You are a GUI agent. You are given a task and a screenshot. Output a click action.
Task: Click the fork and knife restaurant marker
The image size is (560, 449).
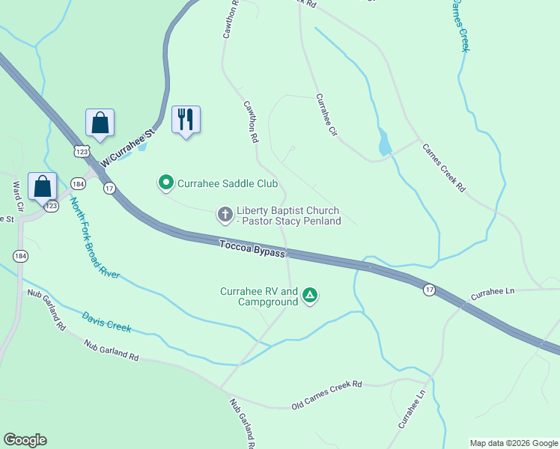[186, 120]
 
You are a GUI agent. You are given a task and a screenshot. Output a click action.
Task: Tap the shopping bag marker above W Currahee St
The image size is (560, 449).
[100, 123]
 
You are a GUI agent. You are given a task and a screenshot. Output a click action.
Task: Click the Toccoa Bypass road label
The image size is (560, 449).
[252, 248]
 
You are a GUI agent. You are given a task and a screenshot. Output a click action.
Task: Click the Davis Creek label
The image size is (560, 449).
[106, 323]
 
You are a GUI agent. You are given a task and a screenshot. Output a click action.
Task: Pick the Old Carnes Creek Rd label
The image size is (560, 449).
[326, 385]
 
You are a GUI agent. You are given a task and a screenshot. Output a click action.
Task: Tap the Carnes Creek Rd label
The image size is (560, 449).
[443, 168]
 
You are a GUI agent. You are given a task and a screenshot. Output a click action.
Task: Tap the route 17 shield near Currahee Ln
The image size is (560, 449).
[429, 290]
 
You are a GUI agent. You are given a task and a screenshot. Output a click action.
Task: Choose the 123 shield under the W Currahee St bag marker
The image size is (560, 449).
[82, 151]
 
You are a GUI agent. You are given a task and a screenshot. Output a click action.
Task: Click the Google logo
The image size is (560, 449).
[25, 440]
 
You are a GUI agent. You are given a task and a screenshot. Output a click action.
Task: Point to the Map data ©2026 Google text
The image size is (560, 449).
[514, 443]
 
